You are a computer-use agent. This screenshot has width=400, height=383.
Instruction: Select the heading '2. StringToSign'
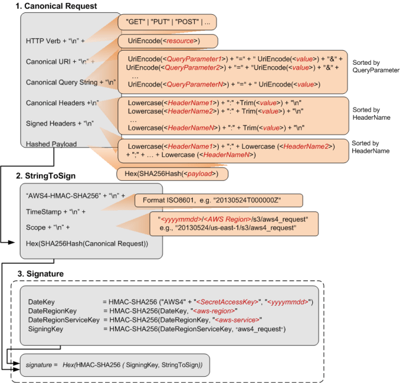point(48,176)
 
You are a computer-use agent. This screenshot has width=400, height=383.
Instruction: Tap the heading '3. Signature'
point(43,272)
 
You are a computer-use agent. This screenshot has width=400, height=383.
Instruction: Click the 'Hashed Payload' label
point(52,144)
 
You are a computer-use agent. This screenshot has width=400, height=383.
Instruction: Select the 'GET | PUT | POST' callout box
point(167,22)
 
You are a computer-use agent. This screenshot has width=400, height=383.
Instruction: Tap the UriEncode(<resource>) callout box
point(168,41)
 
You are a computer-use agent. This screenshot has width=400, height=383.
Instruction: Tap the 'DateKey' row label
point(42,301)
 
